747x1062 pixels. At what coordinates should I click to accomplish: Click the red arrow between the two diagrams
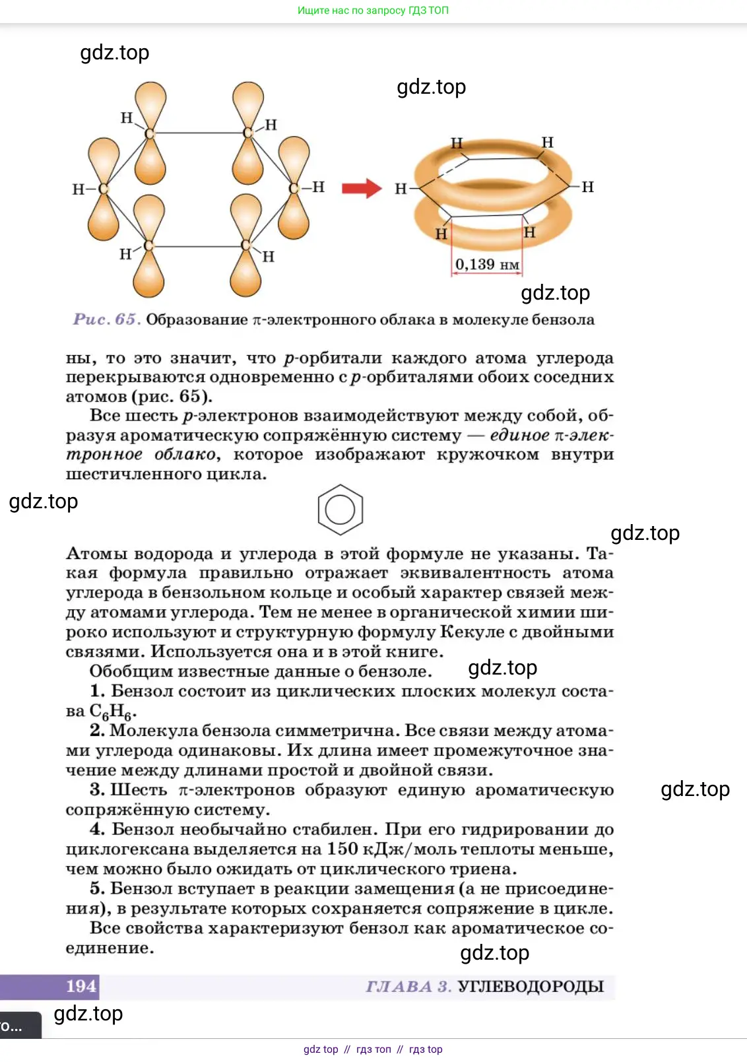[362, 188]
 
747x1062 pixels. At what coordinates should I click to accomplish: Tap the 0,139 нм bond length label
[487, 265]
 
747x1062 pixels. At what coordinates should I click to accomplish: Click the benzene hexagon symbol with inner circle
[340, 510]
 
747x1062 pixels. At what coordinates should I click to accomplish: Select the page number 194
[81, 986]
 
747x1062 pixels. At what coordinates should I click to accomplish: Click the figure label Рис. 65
[106, 320]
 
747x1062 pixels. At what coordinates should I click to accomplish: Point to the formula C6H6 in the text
[113, 712]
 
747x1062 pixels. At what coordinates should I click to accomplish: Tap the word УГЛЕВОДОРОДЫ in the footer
[531, 987]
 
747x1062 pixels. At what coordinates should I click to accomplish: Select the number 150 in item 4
[342, 849]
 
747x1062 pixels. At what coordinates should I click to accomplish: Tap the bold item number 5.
[97, 888]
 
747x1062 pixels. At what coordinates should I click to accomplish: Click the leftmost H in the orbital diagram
[78, 189]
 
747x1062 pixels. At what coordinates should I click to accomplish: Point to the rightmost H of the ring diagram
[588, 187]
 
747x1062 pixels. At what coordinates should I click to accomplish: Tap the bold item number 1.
[97, 691]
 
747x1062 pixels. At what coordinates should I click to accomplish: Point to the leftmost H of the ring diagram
[401, 189]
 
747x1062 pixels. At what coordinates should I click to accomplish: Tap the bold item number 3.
[97, 790]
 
